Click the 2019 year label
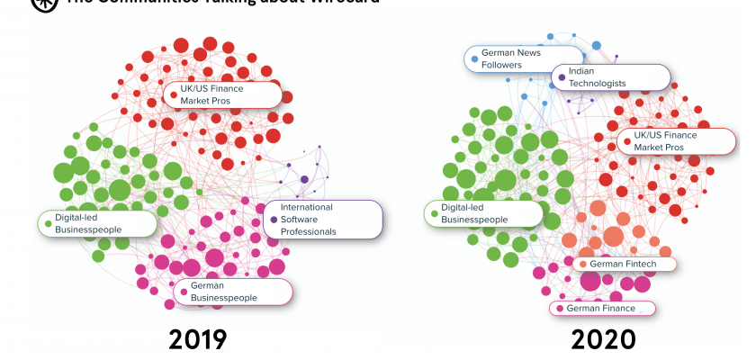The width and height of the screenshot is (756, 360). pos(197,338)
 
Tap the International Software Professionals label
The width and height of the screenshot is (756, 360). pos(323,220)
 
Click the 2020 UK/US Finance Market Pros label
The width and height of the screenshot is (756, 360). pos(675,140)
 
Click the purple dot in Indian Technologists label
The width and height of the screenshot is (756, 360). pos(562,77)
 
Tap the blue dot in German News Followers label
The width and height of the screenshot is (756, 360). pos(474,59)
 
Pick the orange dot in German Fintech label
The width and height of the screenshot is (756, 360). pos(583,264)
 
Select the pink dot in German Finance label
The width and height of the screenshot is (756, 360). pos(560,309)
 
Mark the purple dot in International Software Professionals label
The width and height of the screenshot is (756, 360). pos(274,220)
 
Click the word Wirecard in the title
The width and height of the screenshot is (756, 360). pos(346,3)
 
